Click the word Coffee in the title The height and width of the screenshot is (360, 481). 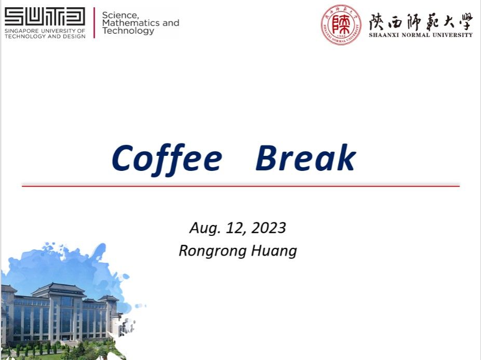click(167, 159)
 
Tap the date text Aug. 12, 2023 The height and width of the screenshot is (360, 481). click(238, 228)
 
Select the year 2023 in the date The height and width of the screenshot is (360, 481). click(269, 228)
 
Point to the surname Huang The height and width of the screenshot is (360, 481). click(274, 251)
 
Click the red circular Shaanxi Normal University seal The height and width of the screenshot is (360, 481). click(341, 25)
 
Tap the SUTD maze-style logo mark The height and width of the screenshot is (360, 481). click(45, 17)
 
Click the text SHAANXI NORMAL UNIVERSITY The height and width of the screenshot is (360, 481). click(421, 35)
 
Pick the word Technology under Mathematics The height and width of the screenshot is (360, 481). click(128, 31)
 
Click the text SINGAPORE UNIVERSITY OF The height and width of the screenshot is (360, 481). click(45, 31)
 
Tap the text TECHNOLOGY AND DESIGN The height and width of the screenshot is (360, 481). click(45, 36)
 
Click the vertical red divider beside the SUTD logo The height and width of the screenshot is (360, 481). click(94, 23)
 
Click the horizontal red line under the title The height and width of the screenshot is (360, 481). click(241, 185)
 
